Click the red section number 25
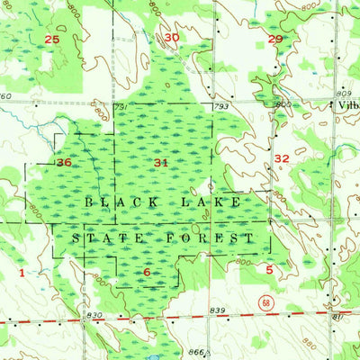tap(51, 40)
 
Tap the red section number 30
tap(171, 37)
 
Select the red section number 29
tap(275, 39)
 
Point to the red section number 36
tap(63, 163)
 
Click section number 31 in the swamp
tap(161, 163)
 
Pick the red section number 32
tap(281, 157)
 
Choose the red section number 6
tap(147, 272)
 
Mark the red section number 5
tap(269, 268)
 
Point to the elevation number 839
tap(217, 310)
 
